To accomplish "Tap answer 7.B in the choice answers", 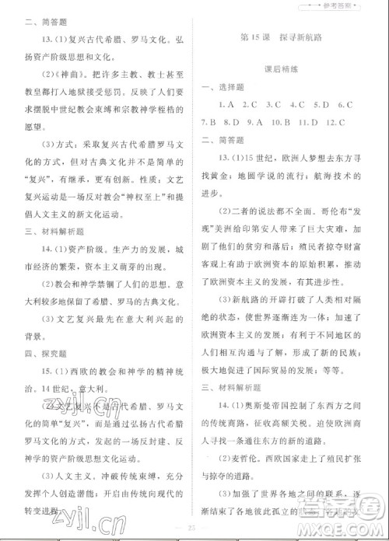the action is pos(209,122).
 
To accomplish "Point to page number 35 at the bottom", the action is pos(194,532).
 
